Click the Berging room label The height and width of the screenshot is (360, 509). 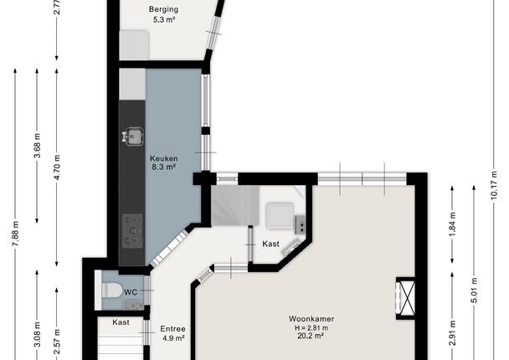[163, 9]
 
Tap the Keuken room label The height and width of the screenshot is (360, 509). [163, 159]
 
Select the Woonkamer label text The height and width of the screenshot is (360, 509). [311, 319]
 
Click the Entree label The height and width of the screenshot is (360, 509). [172, 329]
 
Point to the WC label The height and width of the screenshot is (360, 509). [131, 292]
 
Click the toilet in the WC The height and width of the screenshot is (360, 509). [111, 290]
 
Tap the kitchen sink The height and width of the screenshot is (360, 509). [133, 136]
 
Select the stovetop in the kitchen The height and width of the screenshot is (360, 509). [132, 230]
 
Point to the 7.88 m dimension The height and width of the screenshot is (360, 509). [15, 234]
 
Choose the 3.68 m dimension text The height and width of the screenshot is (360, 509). [37, 146]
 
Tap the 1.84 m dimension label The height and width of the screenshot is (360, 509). [453, 224]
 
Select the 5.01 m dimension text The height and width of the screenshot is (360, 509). [474, 291]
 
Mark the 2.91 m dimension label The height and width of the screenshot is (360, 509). [453, 333]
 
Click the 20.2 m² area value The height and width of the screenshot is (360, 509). [311, 336]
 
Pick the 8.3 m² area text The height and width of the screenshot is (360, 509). [163, 167]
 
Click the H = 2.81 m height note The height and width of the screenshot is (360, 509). [311, 328]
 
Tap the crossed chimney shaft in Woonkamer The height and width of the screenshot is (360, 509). [407, 298]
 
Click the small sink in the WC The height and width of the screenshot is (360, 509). [135, 305]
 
